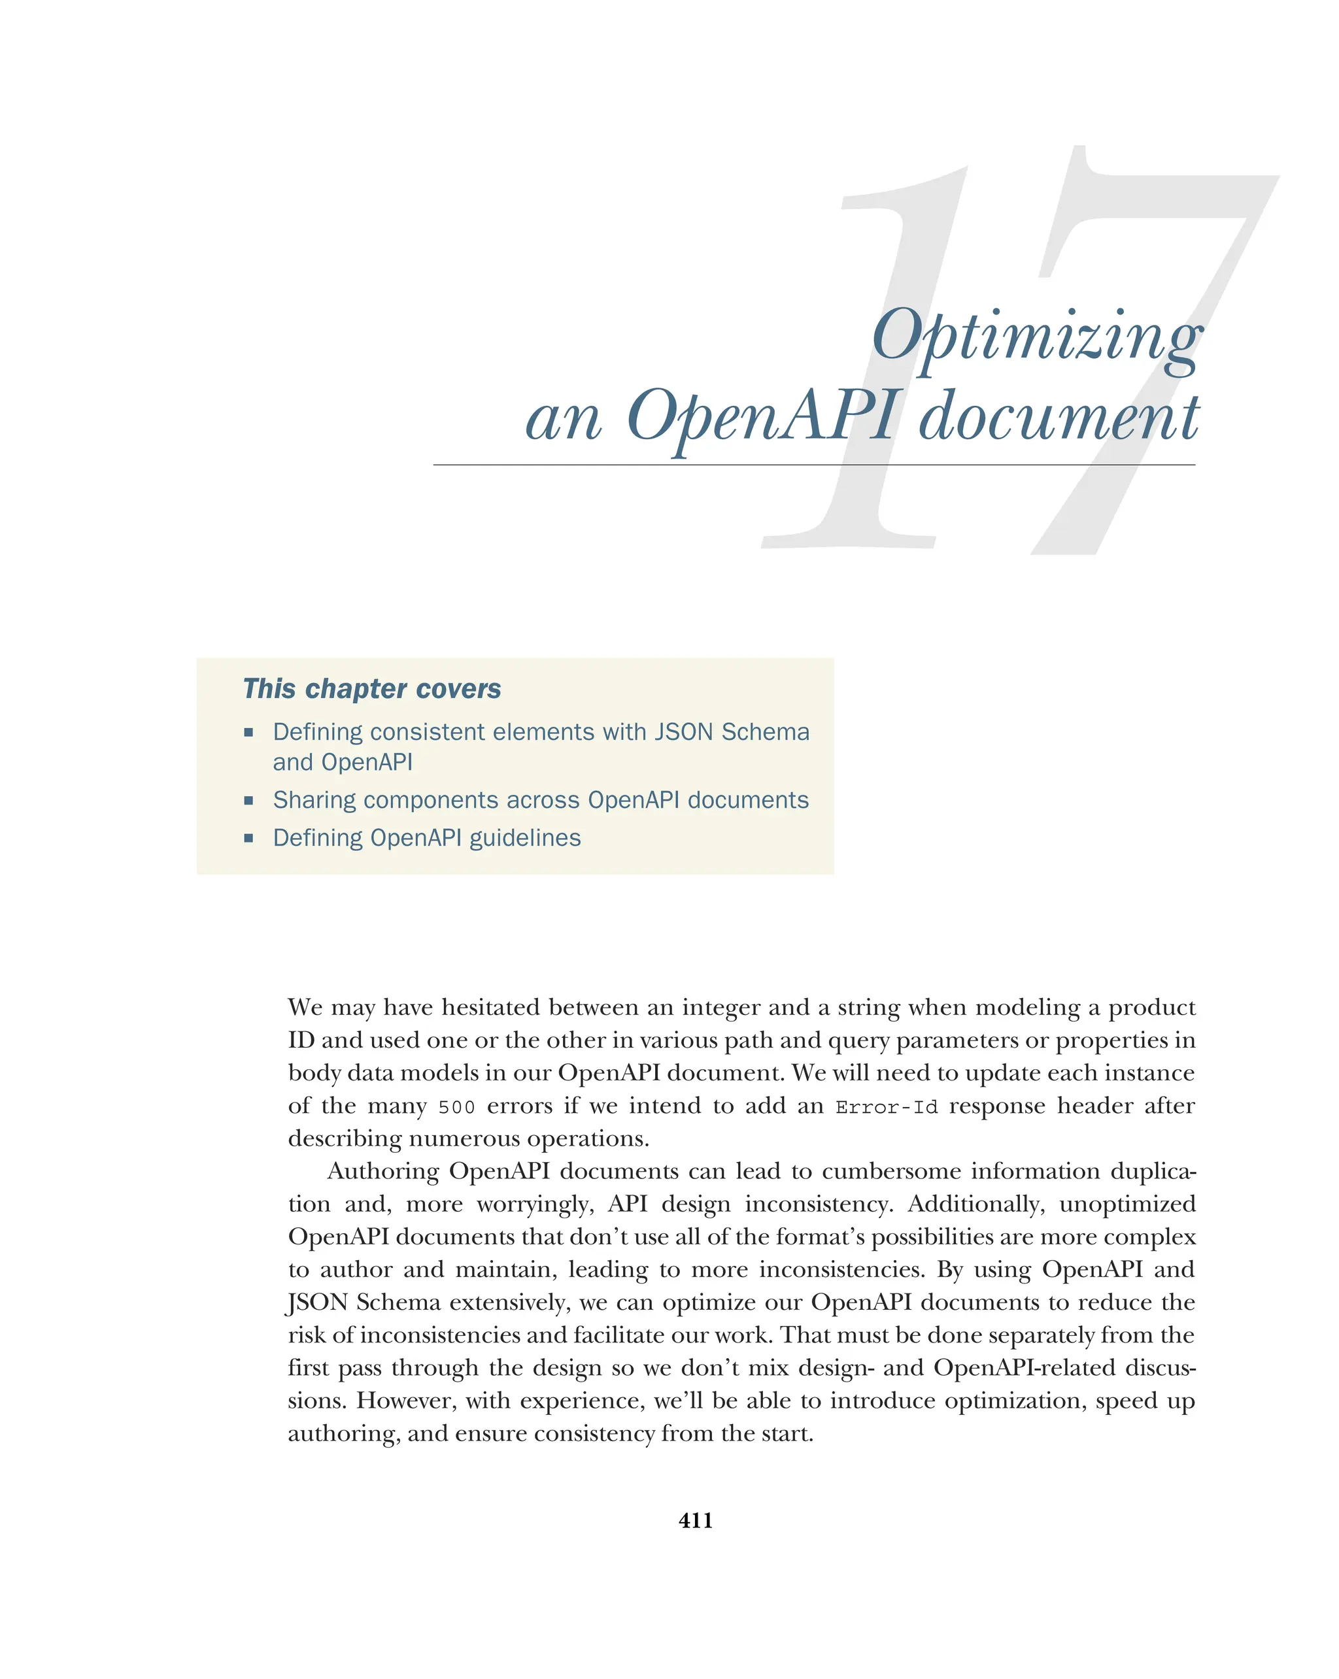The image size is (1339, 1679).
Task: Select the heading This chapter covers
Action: click(x=371, y=690)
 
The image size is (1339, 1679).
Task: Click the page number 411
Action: click(x=695, y=1520)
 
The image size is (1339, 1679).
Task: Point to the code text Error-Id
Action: click(x=886, y=1107)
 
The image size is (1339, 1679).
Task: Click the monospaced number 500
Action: click(x=456, y=1107)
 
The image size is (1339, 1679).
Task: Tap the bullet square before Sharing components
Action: click(x=248, y=801)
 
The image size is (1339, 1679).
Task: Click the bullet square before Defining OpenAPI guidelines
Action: click(x=248, y=839)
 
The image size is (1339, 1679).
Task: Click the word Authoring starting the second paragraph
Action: click(x=382, y=1172)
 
